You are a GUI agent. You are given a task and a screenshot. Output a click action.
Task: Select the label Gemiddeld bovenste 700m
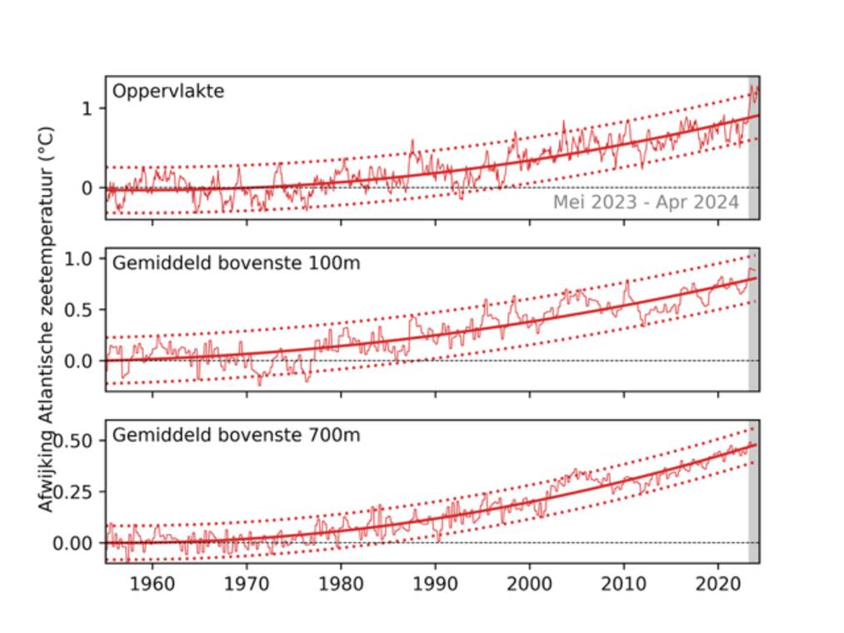point(236,435)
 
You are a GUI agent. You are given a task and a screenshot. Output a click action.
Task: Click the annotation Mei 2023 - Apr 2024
point(646,202)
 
